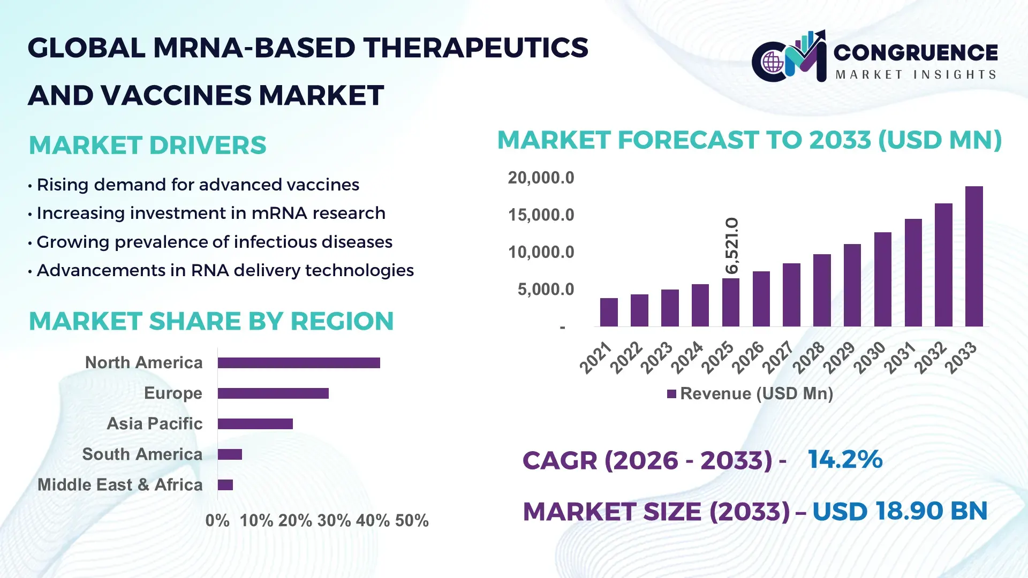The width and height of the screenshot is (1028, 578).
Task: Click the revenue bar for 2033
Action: tap(974, 257)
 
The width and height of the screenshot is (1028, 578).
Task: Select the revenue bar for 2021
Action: tap(609, 313)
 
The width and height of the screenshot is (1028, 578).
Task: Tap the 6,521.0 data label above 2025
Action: tap(732, 246)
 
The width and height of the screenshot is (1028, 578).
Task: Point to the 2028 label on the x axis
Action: tap(808, 357)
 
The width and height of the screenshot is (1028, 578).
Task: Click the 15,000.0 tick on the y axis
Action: tap(541, 215)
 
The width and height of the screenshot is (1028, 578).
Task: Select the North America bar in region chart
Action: tap(299, 363)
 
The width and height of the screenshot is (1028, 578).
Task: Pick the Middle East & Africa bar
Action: tap(225, 485)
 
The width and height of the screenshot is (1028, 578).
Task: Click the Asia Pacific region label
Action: tap(155, 423)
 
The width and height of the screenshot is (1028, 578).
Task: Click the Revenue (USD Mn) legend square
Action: tap(671, 394)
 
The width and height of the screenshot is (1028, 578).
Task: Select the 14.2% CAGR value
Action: tap(845, 459)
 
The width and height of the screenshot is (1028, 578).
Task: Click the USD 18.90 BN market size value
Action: tap(899, 511)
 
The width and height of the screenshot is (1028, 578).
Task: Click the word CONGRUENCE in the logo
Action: tap(916, 52)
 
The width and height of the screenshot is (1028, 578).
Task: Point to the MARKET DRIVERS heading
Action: tap(147, 145)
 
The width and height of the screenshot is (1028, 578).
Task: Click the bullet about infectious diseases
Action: tap(214, 242)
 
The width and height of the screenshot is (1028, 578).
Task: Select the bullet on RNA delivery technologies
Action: tap(225, 270)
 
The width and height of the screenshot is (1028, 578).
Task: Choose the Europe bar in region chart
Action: tap(273, 393)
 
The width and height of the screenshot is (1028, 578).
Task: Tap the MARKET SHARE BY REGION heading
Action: tap(211, 321)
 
